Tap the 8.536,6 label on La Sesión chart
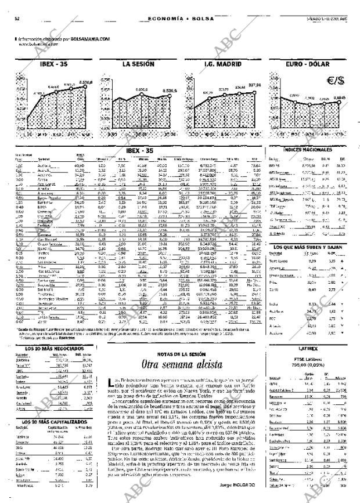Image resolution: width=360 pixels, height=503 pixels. (170, 91)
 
